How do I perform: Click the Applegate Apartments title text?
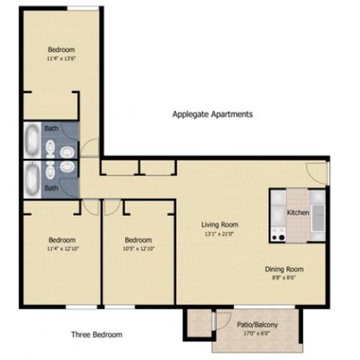pyautogui.click(x=212, y=114)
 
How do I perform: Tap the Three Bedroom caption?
pyautogui.click(x=96, y=334)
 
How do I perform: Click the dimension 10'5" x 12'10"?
pyautogui.click(x=138, y=248)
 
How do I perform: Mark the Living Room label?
pyautogui.click(x=220, y=224)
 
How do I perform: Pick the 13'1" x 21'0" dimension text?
pyautogui.click(x=220, y=233)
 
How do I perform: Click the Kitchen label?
pyautogui.click(x=298, y=213)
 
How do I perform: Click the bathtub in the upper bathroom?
pyautogui.click(x=33, y=140)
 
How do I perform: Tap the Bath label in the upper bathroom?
pyautogui.click(x=51, y=127)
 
